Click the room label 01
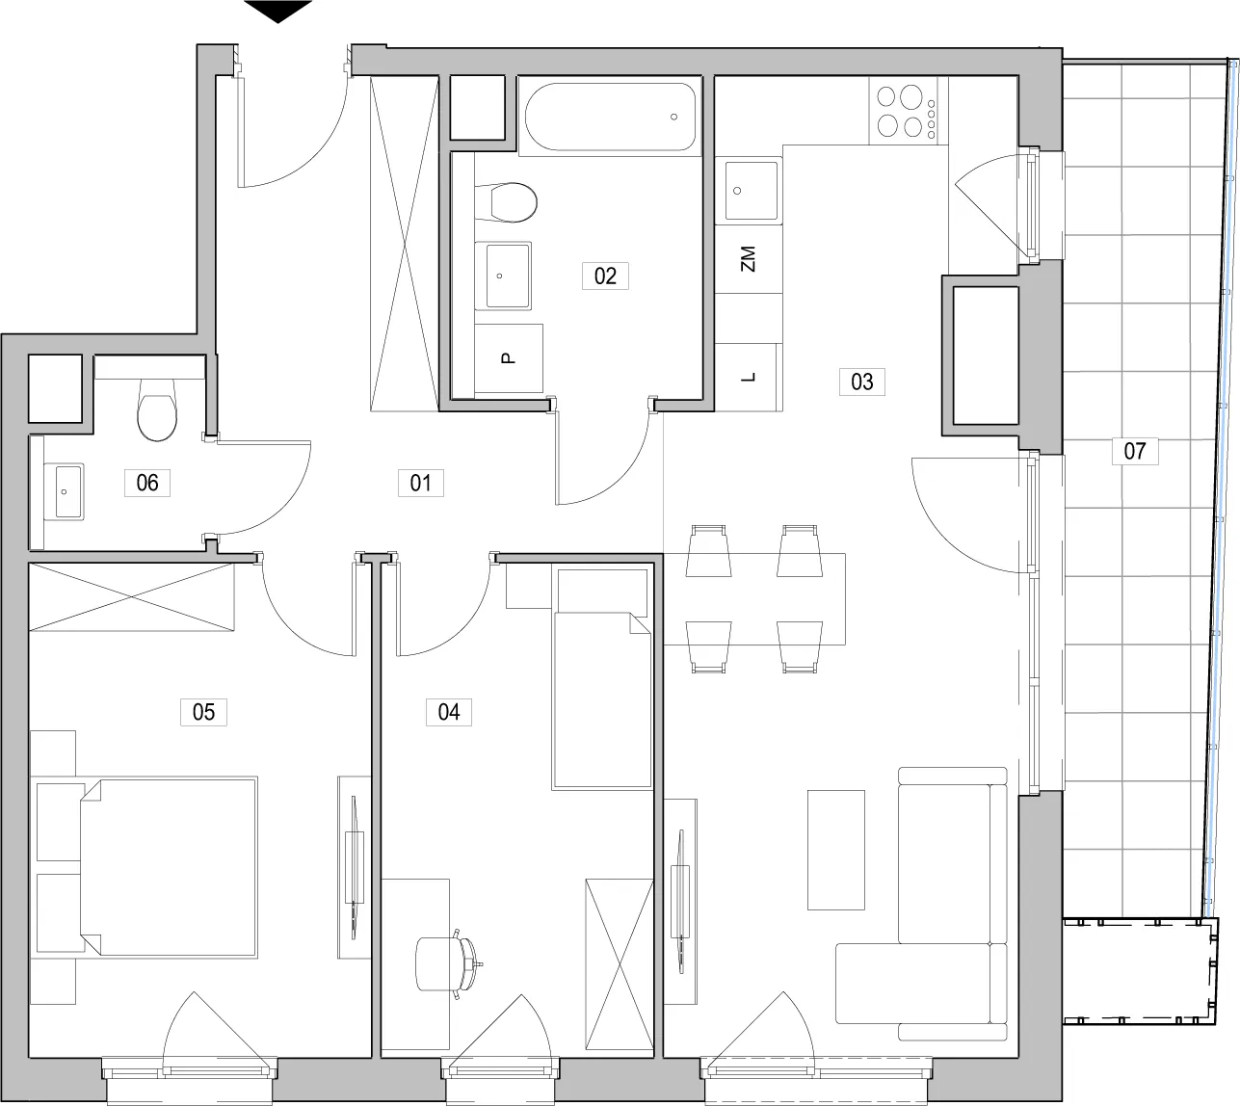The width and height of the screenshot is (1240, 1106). click(420, 483)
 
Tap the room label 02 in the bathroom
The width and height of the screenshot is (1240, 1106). click(605, 276)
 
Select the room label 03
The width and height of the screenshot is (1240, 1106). click(861, 382)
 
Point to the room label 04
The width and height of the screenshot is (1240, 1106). click(449, 712)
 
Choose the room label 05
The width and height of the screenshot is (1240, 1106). click(204, 712)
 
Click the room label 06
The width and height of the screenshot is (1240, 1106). click(147, 483)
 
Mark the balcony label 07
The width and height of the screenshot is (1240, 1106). click(1135, 451)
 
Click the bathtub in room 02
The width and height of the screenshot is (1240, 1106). click(610, 117)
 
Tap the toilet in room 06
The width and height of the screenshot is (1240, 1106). click(157, 409)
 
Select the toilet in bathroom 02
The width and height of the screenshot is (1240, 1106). click(507, 202)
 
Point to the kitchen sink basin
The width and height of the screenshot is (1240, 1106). click(751, 191)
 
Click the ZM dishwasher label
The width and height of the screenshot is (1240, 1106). click(748, 259)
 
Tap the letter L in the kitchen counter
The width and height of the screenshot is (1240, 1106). click(749, 378)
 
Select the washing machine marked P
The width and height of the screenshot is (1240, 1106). click(509, 358)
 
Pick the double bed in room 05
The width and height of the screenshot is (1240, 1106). click(169, 867)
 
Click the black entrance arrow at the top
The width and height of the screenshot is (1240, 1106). click(277, 12)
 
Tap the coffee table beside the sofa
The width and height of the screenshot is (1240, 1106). click(836, 850)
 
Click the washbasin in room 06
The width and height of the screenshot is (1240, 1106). click(64, 491)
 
